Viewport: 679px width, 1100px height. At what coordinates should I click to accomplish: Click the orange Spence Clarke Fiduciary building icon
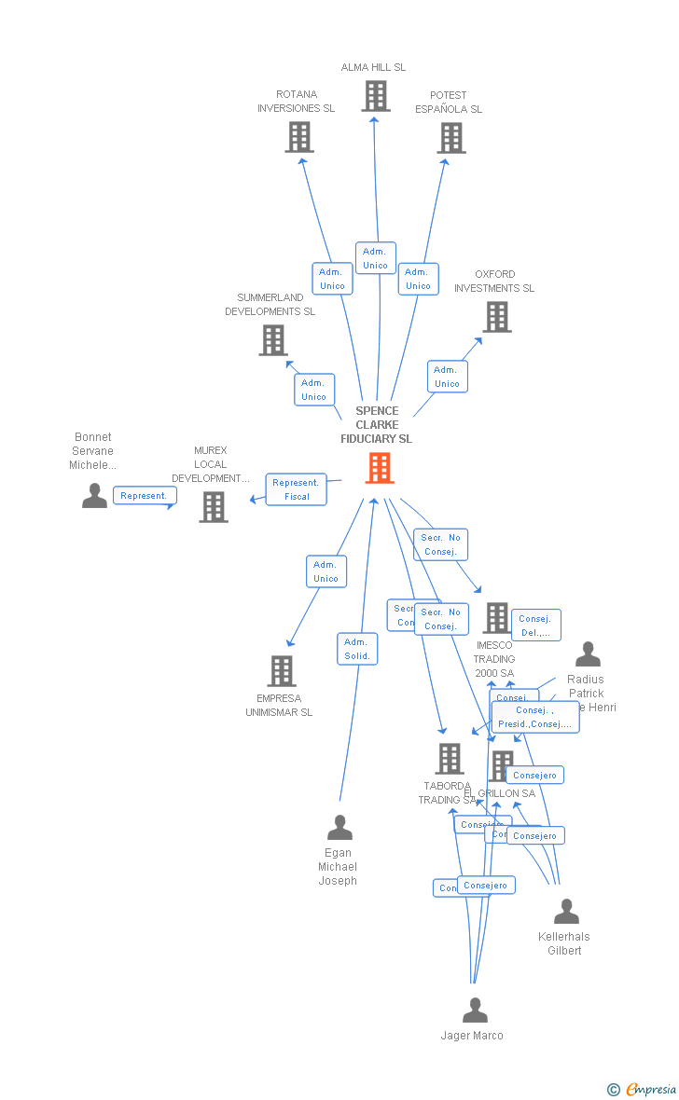point(379,468)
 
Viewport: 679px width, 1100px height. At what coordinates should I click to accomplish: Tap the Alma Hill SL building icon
point(375,96)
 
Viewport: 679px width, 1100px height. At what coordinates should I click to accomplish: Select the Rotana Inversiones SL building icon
point(298,137)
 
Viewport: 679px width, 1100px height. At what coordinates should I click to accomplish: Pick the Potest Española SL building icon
point(451,138)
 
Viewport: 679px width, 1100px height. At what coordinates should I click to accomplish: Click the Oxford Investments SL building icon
point(496,317)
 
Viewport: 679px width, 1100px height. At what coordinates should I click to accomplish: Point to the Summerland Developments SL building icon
point(272,340)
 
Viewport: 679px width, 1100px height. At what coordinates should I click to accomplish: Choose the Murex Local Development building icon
point(214,507)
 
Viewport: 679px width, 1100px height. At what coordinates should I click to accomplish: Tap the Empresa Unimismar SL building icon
point(282,671)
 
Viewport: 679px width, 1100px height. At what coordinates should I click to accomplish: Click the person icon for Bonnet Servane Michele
point(94,496)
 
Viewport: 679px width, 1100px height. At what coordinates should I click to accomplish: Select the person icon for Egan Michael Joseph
point(339,828)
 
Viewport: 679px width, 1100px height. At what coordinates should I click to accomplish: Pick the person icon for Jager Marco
point(475,1011)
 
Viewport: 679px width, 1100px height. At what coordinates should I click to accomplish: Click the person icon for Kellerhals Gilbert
point(566,912)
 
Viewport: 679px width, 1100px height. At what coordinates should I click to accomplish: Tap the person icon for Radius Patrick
point(588,654)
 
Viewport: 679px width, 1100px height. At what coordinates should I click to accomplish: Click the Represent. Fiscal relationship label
point(297,489)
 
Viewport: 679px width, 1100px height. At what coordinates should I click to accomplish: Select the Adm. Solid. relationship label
point(357,649)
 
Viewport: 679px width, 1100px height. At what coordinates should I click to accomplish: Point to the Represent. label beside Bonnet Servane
point(145,496)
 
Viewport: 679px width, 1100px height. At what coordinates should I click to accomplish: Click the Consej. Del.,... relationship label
point(536,626)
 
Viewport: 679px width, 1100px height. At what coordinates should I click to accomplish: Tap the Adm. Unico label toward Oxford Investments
point(447,377)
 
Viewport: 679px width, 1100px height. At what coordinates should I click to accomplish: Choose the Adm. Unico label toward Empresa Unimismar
point(326,571)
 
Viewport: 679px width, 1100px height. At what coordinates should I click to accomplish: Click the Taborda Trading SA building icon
point(450,759)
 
